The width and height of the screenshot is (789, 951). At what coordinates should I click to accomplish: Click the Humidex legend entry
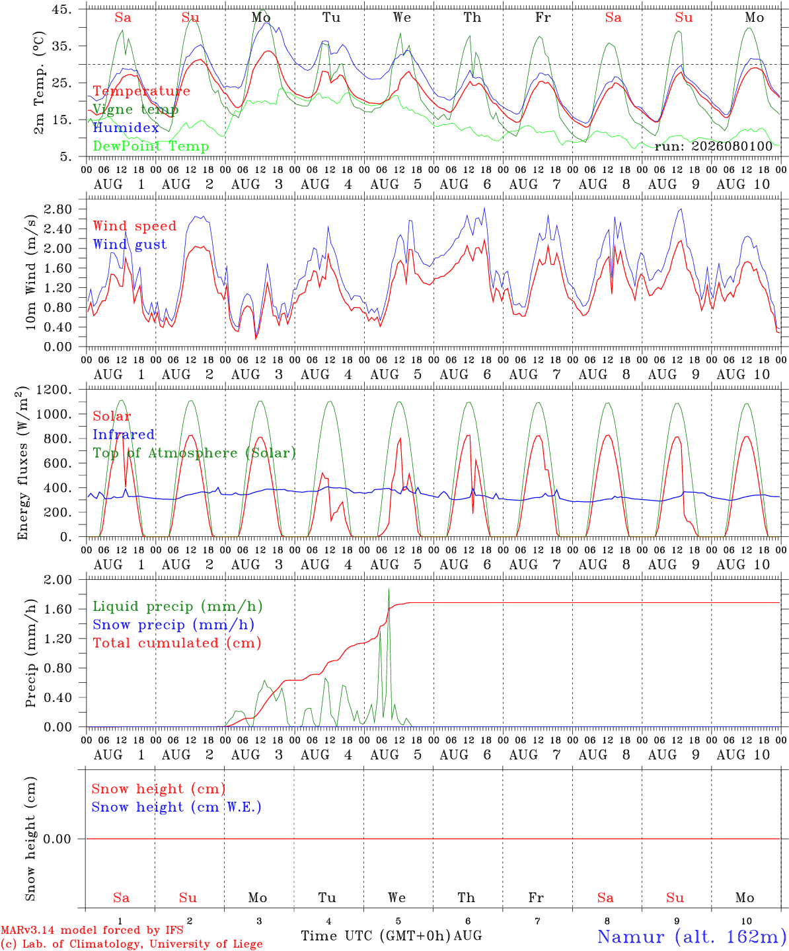[126, 127]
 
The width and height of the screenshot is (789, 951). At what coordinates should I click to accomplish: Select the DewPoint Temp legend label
[151, 146]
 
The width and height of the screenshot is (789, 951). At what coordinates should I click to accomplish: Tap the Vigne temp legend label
[135, 110]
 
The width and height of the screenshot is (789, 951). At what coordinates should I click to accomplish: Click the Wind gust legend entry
[130, 244]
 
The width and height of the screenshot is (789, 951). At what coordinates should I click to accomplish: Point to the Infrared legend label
[124, 435]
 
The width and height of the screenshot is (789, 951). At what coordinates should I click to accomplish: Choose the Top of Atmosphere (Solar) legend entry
[195, 453]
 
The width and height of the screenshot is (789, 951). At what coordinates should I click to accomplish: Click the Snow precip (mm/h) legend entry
[174, 625]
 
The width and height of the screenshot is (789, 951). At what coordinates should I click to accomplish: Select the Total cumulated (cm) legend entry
[177, 643]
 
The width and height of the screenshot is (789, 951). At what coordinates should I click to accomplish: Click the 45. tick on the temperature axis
[61, 9]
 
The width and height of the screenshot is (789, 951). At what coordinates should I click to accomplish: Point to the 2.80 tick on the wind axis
[58, 209]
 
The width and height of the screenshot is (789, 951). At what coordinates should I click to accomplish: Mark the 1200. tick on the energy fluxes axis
[54, 390]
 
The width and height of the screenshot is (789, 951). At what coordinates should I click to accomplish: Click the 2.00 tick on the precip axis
[58, 580]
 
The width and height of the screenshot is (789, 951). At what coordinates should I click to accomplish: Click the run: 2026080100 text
[714, 146]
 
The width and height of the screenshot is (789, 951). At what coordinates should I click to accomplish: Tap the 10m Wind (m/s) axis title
[30, 272]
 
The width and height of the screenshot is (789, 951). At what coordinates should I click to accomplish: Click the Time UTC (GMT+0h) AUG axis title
[392, 936]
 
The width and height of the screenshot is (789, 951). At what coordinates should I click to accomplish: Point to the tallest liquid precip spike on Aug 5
[389, 589]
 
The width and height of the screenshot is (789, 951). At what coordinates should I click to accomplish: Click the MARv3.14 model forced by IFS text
[92, 930]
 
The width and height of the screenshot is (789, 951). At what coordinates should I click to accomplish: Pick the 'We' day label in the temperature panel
[402, 17]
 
